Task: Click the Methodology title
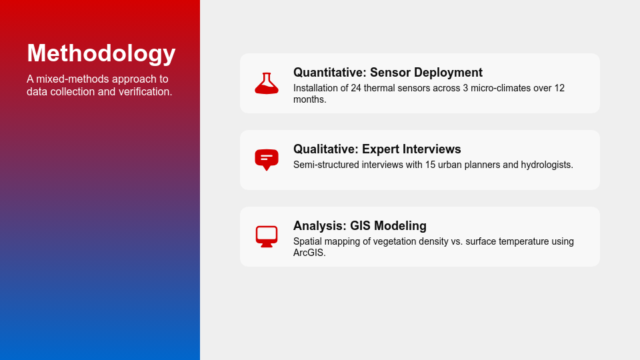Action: [x=101, y=53]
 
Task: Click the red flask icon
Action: [x=267, y=83]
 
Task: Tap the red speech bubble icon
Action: [x=267, y=160]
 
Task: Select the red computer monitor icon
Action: [x=267, y=237]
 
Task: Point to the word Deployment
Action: [x=448, y=73]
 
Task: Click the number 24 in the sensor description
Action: [x=356, y=88]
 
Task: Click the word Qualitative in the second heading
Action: [x=326, y=149]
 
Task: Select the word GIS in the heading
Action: [x=361, y=226]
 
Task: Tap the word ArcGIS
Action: [x=309, y=253]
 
